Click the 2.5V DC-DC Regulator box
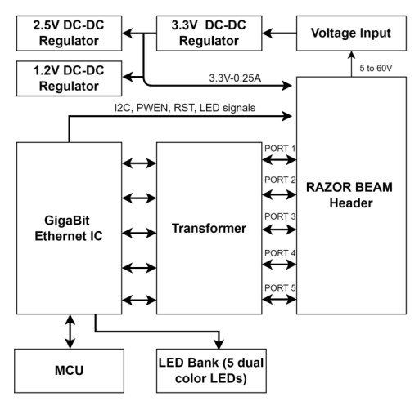pyautogui.click(x=62, y=32)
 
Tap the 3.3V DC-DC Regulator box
pyautogui.click(x=208, y=32)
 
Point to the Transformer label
pyautogui.click(x=208, y=229)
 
